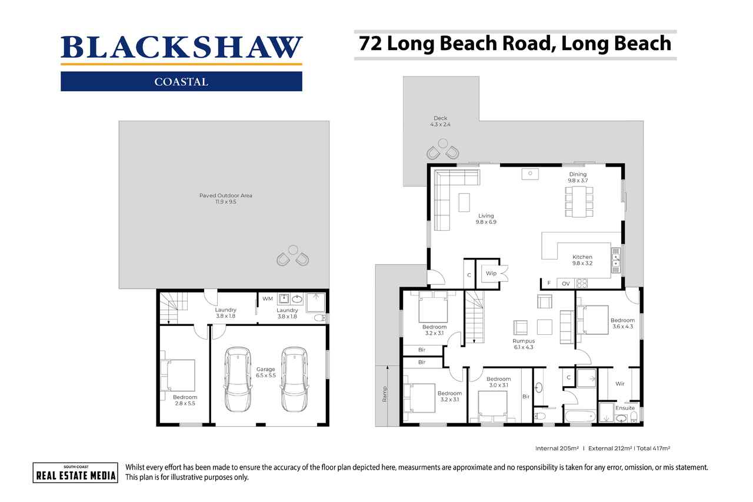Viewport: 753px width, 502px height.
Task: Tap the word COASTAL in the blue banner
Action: [x=181, y=82]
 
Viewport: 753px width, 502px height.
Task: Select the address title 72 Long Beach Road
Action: [x=515, y=44]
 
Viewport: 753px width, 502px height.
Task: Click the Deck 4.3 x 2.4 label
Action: [x=441, y=121]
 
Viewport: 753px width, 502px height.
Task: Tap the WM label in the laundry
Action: [x=267, y=299]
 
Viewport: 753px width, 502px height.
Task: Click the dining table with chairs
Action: [x=579, y=201]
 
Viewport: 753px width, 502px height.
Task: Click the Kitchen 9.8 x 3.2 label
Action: [x=582, y=260]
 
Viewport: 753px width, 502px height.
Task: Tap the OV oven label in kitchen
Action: [x=565, y=284]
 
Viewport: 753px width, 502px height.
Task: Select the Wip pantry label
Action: [x=491, y=274]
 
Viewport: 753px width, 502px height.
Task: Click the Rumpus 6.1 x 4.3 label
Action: [x=522, y=344]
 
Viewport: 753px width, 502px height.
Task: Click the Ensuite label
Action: [x=625, y=408]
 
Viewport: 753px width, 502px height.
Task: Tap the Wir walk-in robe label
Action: [x=619, y=384]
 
